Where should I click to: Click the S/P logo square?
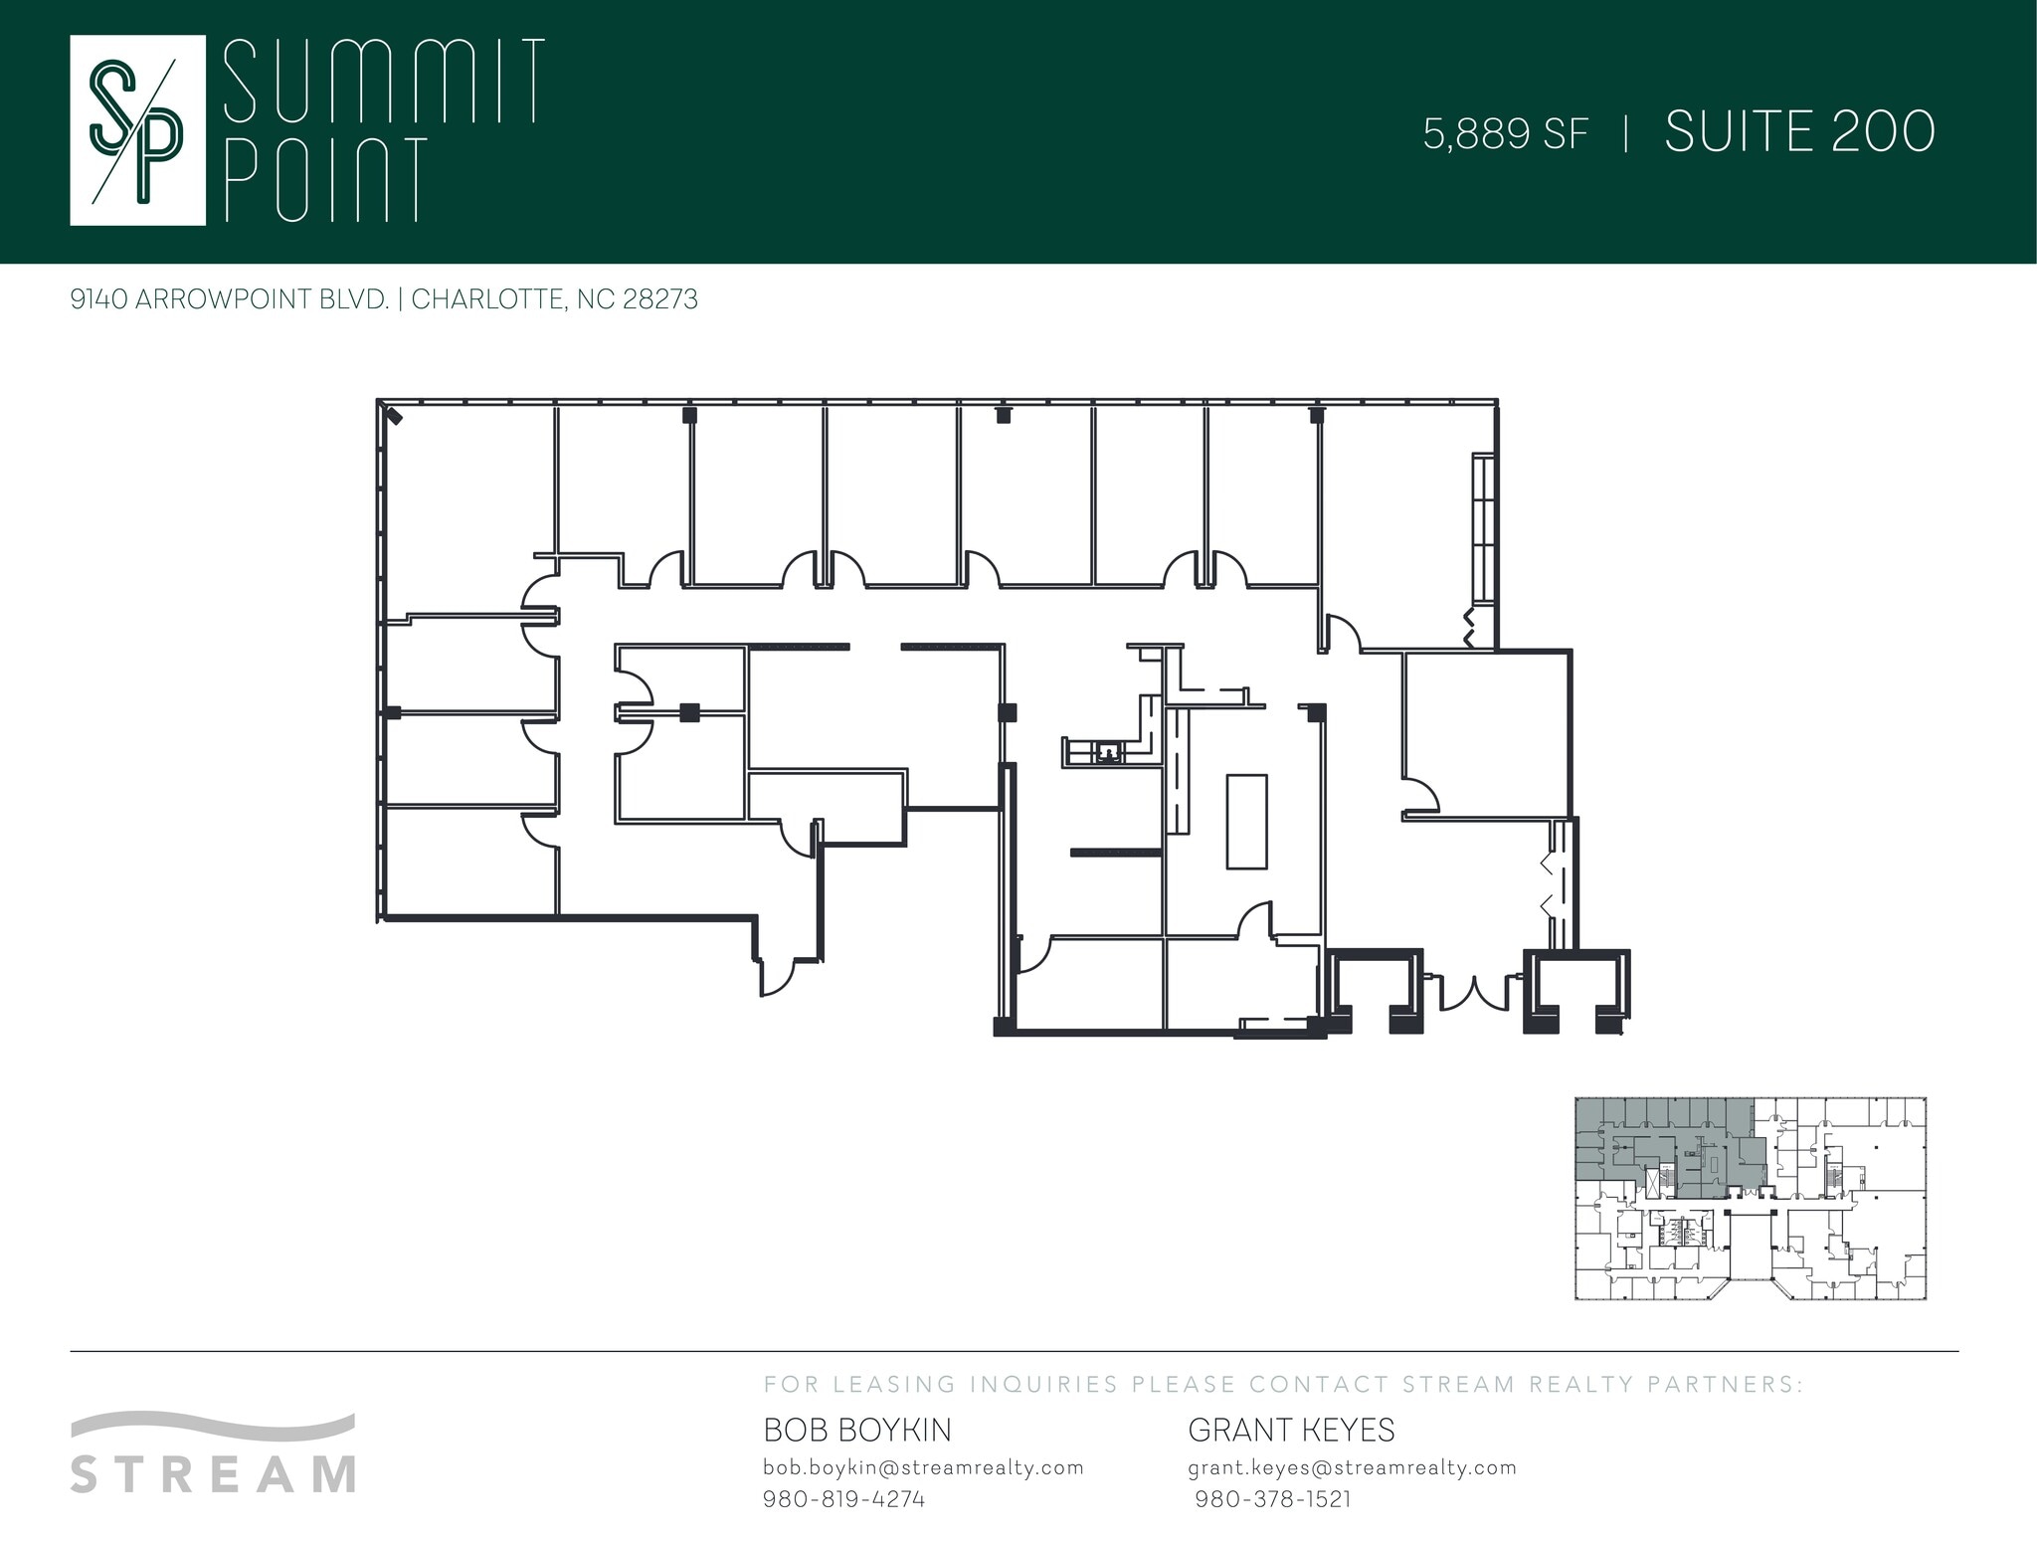click(x=137, y=130)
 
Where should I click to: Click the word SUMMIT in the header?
click(x=384, y=81)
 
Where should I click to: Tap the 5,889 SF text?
click(x=1506, y=133)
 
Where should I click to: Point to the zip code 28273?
click(x=659, y=299)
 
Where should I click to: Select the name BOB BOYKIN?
click(x=857, y=1431)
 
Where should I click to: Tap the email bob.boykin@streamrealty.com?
click(x=923, y=1467)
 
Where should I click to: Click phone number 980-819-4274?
click(x=843, y=1499)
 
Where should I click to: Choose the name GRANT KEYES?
click(x=1291, y=1431)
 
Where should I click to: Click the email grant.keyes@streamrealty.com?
click(x=1353, y=1467)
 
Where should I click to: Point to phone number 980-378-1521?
click(x=1273, y=1499)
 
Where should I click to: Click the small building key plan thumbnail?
click(x=1751, y=1199)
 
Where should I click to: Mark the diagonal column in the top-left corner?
click(x=395, y=416)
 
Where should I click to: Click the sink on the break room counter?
click(x=1107, y=754)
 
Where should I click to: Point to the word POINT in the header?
click(x=327, y=179)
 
